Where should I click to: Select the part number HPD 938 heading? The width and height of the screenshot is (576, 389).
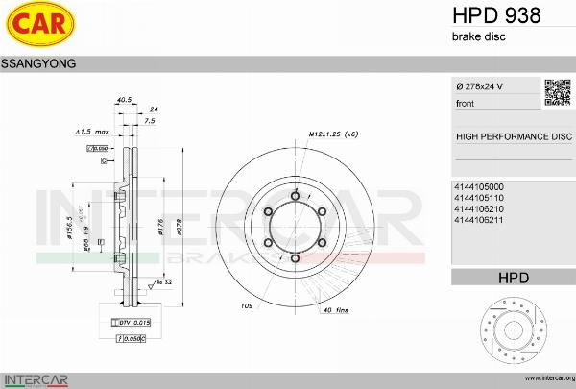[x=495, y=15]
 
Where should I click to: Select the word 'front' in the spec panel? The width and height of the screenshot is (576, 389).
[x=467, y=102]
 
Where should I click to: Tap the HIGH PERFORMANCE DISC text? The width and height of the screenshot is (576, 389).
[x=513, y=136]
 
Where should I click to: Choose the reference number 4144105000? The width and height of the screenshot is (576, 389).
[x=478, y=186]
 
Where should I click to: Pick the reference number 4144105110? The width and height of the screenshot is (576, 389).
[x=478, y=197]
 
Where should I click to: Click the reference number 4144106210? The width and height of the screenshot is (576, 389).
[x=478, y=208]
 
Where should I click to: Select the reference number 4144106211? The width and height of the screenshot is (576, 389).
[x=478, y=220]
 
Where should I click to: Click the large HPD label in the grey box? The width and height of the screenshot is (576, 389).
[x=513, y=278]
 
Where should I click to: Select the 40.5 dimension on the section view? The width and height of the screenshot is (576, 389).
[x=123, y=99]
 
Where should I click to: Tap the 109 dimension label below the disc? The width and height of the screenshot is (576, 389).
[x=247, y=305]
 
